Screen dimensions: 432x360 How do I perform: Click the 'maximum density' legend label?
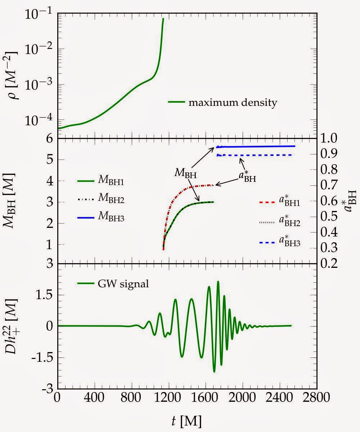[x=233, y=103]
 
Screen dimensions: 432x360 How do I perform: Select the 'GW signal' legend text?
[x=123, y=284]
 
